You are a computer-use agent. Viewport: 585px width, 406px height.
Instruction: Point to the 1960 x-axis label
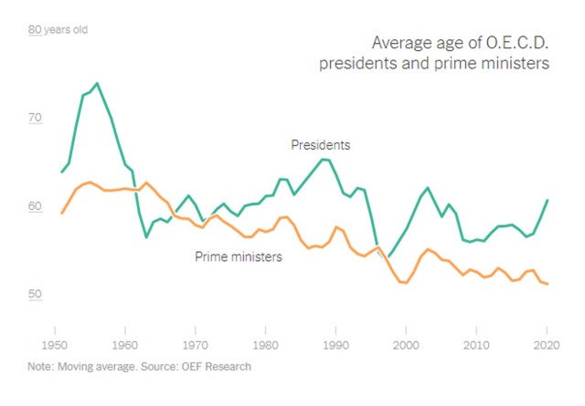(123, 346)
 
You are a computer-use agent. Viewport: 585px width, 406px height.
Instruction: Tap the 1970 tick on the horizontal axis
(195, 346)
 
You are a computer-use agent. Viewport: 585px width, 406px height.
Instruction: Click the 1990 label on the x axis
(336, 346)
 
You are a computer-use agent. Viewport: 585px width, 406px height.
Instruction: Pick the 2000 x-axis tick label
(406, 346)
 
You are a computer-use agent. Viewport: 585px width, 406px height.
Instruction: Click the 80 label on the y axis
(35, 30)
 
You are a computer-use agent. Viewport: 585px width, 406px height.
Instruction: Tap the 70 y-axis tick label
(35, 119)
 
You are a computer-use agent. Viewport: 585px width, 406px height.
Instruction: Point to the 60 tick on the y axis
(35, 207)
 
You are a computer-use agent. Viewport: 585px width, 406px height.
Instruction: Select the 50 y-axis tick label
(35, 295)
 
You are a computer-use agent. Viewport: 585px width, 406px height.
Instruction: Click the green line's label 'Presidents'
(320, 144)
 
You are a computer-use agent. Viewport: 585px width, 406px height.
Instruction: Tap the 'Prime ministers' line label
(239, 256)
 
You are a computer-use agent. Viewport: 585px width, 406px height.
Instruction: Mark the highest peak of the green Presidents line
(97, 84)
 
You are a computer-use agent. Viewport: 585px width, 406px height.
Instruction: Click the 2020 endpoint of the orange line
(548, 285)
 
